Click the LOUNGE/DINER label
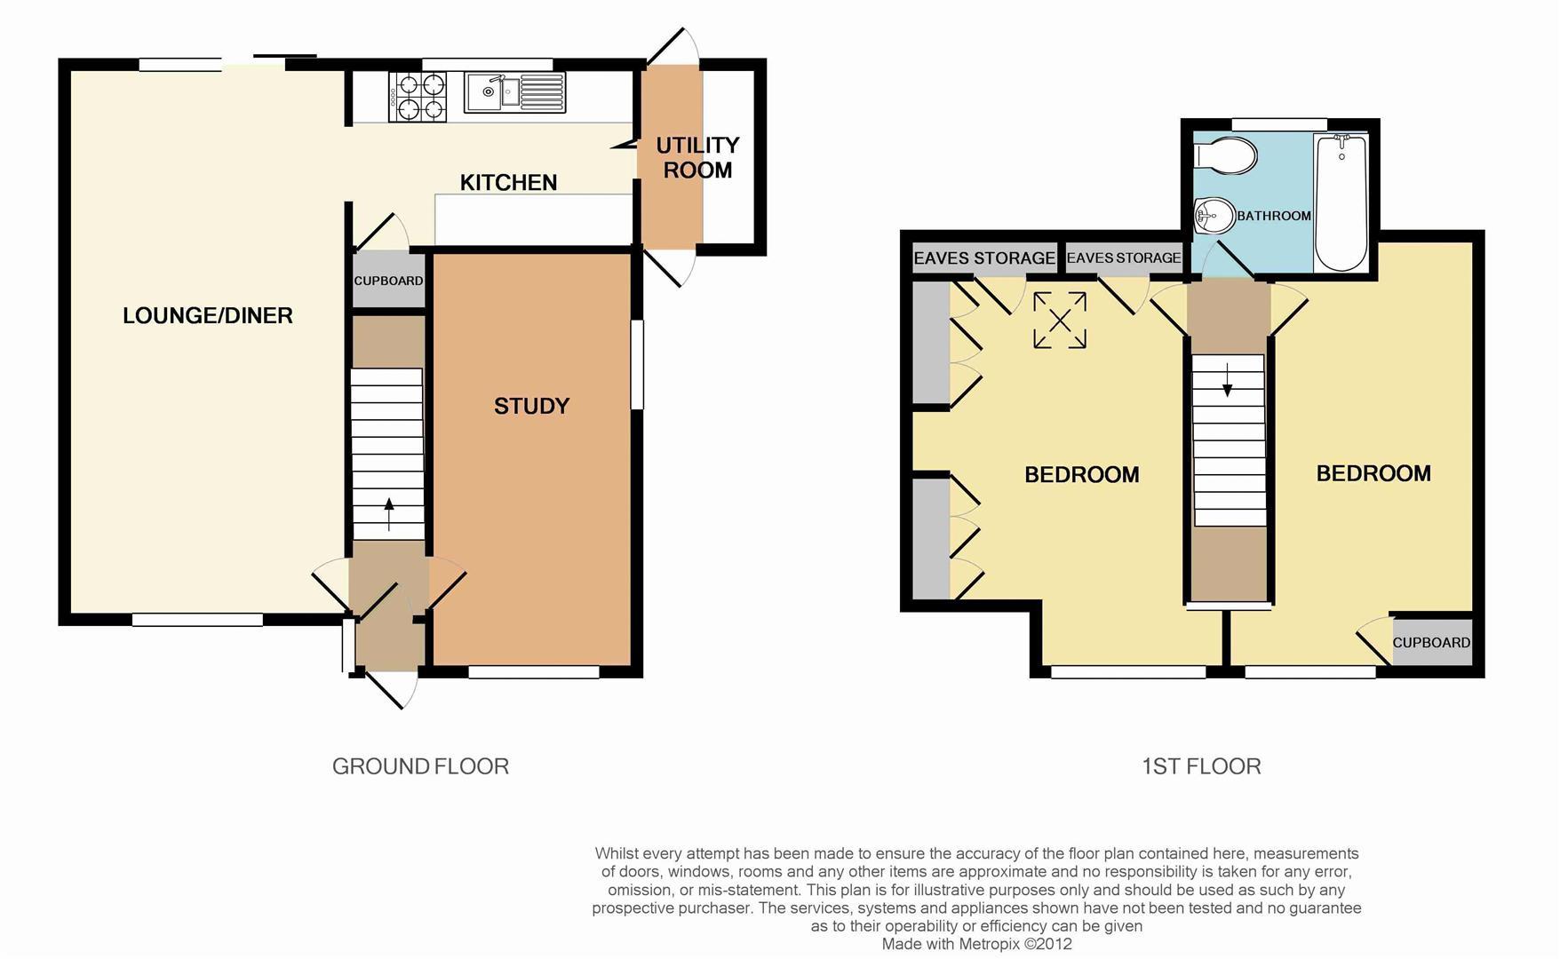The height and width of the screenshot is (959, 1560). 207,316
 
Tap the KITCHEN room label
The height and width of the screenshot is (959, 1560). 508,183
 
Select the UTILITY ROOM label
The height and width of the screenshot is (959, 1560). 697,157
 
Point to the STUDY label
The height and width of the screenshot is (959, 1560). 531,407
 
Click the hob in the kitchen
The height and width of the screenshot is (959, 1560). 417,96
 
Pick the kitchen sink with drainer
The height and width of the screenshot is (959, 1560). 514,92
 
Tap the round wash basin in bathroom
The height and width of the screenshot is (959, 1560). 1213,215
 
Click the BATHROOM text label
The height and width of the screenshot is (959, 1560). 1273,216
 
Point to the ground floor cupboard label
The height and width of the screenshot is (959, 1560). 388,281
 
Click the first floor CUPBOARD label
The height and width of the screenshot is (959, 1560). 1430,643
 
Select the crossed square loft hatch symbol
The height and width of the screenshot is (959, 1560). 1060,321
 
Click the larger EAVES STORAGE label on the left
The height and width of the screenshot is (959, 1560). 983,258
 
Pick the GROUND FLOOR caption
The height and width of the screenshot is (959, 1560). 420,766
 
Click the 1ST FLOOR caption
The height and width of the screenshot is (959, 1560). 1201,766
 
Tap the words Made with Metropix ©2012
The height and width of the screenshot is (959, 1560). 976,944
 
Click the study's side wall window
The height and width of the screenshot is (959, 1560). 637,364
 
